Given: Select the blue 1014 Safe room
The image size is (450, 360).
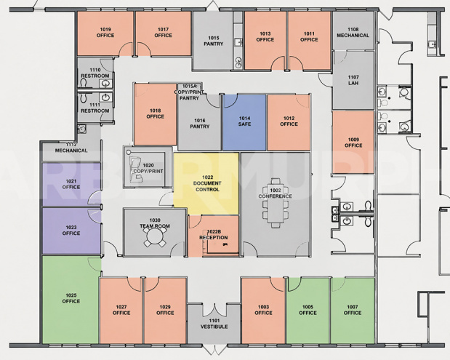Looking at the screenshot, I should tap(244, 121).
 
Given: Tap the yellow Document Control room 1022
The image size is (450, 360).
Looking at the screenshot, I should tap(206, 183).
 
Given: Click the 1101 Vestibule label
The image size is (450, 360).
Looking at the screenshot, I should tap(214, 324).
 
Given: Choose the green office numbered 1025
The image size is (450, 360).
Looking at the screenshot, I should tap(71, 298).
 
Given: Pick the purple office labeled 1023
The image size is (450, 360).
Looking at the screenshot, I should tap(71, 231).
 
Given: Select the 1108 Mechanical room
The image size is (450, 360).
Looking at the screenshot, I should tap(353, 32).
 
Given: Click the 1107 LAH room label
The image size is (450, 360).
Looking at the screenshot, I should tap(353, 80).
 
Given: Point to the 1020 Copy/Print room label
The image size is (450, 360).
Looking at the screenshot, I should tap(148, 168).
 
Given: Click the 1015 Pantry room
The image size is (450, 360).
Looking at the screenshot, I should tap(214, 41).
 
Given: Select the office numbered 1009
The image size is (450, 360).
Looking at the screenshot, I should tap(353, 142).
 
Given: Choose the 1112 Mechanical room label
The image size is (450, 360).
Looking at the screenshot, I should tap(71, 148).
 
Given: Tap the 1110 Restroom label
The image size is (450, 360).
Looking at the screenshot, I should tap(95, 73).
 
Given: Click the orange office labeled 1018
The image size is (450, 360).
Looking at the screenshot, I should tap(155, 113).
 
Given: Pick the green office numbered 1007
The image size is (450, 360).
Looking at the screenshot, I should tap(353, 310).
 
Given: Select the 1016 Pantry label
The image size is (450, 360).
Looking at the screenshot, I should tap(199, 124).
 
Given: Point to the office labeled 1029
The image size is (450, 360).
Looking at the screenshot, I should tap(165, 310).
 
